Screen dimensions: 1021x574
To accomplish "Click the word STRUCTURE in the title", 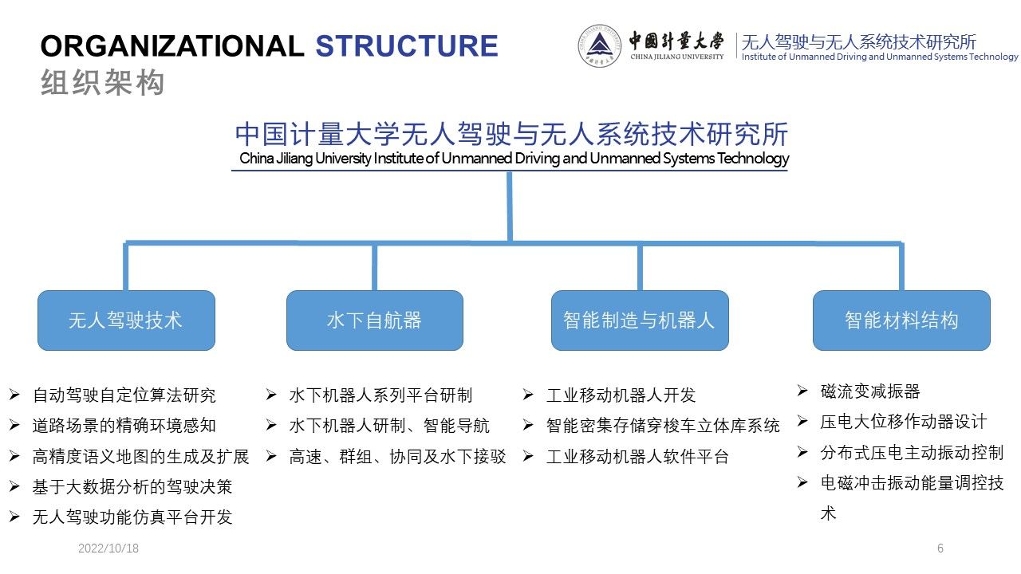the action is [x=407, y=46].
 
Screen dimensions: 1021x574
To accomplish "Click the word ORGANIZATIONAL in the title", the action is [x=171, y=46].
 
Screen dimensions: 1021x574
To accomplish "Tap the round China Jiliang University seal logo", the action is [x=599, y=45].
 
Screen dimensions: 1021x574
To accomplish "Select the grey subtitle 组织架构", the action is [x=103, y=82].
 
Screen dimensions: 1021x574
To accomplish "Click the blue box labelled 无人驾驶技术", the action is [x=126, y=320].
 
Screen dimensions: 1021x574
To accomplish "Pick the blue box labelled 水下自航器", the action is [x=375, y=320].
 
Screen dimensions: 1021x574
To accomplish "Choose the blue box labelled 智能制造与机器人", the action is [x=640, y=320].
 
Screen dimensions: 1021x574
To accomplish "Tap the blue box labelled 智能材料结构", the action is [x=901, y=320].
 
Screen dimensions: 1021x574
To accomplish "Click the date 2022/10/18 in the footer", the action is [x=108, y=548].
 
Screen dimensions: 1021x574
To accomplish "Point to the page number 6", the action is [x=940, y=548].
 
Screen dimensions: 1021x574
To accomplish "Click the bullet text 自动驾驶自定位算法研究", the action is [x=124, y=395].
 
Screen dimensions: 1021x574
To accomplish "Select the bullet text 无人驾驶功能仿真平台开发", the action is [x=132, y=517].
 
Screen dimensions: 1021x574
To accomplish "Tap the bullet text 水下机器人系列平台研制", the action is [x=380, y=395].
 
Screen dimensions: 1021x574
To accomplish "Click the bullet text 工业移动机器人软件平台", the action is [x=637, y=457].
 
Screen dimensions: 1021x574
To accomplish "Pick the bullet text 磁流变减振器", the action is [x=870, y=391].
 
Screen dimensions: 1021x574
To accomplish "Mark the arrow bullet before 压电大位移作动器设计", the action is [x=802, y=422].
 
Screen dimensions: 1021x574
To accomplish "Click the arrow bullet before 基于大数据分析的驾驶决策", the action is [x=14, y=486].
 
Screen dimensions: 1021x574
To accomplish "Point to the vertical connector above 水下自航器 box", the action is [x=375, y=267].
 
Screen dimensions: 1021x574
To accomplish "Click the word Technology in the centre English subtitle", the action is [x=753, y=158].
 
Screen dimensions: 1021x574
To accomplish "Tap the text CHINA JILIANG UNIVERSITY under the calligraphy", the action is [x=677, y=57].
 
